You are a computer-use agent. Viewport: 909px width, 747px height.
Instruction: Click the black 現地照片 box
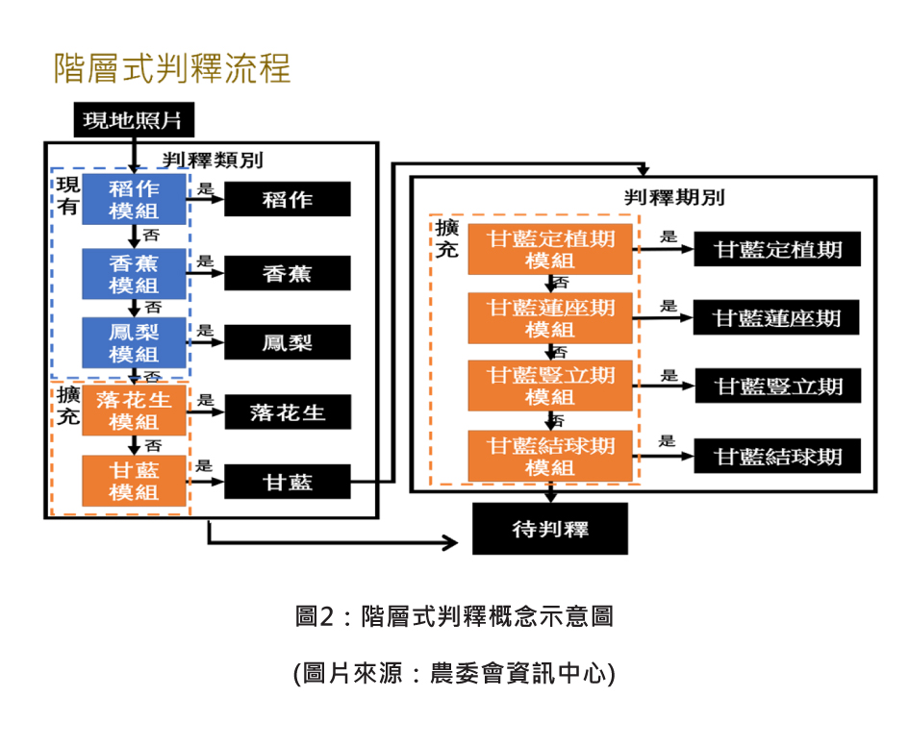click(x=133, y=121)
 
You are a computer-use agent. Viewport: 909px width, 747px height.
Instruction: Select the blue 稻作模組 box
click(x=134, y=199)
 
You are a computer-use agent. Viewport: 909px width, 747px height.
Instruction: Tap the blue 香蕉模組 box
click(x=134, y=273)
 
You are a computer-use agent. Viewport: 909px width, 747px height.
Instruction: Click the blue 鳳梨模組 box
click(x=134, y=342)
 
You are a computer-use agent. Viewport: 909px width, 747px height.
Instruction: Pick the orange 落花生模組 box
click(x=134, y=411)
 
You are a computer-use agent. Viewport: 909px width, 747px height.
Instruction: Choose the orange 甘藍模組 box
click(x=134, y=481)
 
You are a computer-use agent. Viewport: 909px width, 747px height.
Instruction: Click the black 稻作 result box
click(x=288, y=200)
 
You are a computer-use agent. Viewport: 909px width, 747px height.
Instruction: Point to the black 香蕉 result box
click(x=288, y=274)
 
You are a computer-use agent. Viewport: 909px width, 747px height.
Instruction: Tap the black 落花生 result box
click(x=288, y=412)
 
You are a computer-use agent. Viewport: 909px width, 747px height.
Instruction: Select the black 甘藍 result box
click(x=288, y=482)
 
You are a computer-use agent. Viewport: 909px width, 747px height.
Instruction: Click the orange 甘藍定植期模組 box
click(x=550, y=249)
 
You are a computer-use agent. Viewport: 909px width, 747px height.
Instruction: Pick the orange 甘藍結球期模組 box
click(x=550, y=456)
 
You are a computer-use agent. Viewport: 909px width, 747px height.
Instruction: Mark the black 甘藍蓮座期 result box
click(x=777, y=318)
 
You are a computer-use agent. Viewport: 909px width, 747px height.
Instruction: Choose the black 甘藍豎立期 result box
click(x=777, y=386)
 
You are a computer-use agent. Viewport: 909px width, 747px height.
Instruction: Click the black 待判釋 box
click(x=549, y=529)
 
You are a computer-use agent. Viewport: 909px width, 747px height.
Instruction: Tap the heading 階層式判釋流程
click(x=172, y=68)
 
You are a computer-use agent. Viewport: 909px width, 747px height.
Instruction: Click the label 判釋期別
click(x=674, y=198)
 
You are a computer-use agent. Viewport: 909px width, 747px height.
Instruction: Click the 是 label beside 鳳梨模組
click(x=205, y=330)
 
